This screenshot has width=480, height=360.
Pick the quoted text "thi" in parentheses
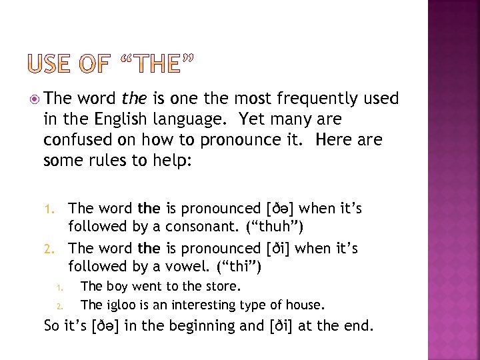240,267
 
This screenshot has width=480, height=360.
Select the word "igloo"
119,305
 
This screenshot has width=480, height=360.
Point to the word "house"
305,305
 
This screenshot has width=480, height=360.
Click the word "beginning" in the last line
199,327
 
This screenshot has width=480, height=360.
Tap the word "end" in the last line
360,326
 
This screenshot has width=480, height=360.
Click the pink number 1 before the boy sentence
59,288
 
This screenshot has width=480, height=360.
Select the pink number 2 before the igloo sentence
59,307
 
